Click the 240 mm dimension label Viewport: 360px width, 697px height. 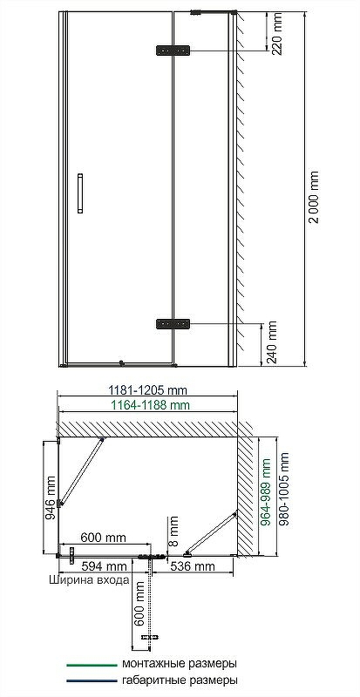click(271, 342)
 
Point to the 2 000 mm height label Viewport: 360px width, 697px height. click(314, 197)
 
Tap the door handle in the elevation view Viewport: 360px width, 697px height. click(80, 193)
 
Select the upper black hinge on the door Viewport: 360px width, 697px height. click(173, 51)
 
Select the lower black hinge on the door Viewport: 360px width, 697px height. click(173, 323)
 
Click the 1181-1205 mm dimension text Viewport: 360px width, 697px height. click(148, 390)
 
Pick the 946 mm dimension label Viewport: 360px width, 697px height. click(51, 497)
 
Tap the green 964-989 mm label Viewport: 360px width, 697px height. click(266, 492)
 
